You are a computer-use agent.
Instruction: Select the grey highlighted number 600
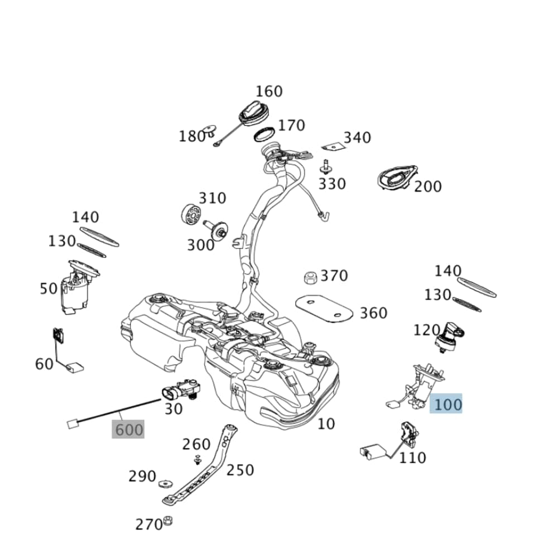coord(128,430)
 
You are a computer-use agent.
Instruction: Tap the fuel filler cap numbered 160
coord(255,114)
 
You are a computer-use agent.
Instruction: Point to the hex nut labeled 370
coord(310,277)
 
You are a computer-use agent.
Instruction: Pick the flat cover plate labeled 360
coord(324,309)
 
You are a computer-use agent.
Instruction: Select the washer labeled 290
coord(165,483)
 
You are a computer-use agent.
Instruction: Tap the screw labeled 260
coord(197,460)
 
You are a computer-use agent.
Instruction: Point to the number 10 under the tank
coord(326,424)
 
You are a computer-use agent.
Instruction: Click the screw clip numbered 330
coord(325,166)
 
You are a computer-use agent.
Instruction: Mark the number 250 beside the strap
coord(240,470)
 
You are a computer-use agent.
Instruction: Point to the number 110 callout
coord(412,458)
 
